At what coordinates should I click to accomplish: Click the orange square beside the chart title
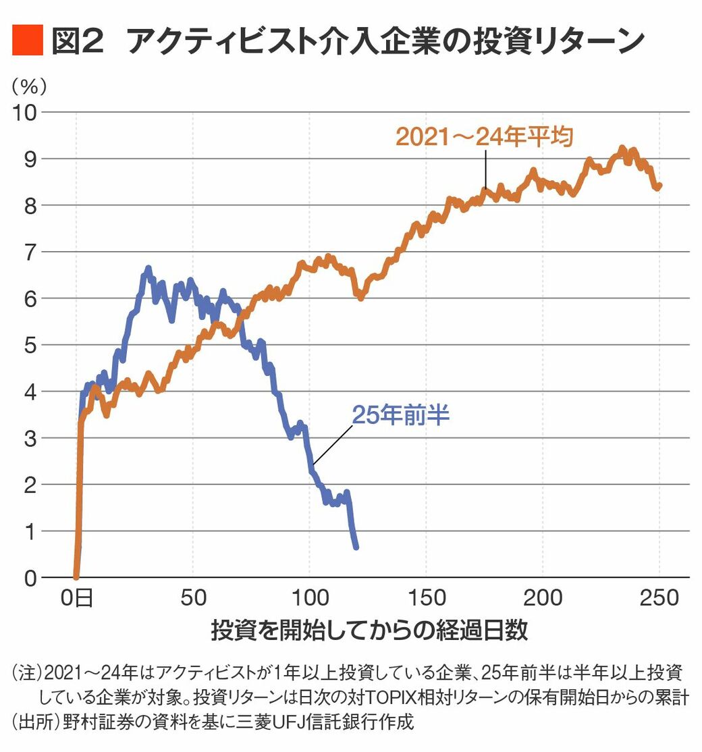point(28,41)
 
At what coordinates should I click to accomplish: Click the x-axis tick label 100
point(310,598)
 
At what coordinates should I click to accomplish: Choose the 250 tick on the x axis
point(659,598)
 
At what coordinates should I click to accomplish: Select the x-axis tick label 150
point(427,598)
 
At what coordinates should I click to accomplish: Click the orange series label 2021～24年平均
point(484,137)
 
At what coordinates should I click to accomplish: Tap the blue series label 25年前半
point(400,414)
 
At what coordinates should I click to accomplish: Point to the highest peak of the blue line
point(148,269)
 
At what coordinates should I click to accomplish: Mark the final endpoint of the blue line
point(356,547)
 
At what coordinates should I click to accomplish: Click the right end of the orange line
point(659,186)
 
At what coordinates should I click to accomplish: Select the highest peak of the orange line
point(623,148)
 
